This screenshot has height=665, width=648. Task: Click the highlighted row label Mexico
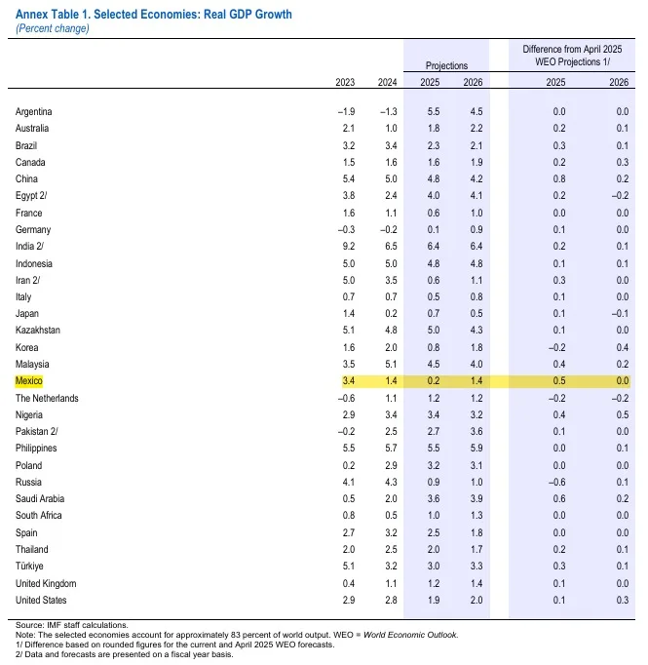[29, 381]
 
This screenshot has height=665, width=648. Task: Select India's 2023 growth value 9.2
[349, 246]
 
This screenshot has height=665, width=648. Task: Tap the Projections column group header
[446, 65]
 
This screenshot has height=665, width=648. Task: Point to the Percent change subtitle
[53, 28]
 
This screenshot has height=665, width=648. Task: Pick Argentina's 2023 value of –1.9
[346, 111]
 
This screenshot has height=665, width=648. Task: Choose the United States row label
[41, 600]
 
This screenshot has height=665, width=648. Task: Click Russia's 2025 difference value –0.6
[556, 483]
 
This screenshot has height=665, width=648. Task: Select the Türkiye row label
[29, 566]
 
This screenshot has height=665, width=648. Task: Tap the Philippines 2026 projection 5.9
[476, 448]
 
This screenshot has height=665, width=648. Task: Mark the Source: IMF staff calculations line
[72, 625]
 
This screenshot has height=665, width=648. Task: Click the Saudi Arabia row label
[40, 499]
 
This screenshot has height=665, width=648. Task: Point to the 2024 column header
[388, 82]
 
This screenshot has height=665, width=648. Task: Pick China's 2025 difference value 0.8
[559, 179]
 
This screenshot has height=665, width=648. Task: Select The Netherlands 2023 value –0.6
[346, 398]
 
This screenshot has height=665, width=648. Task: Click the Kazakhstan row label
[38, 330]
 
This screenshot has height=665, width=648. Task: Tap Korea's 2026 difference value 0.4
[622, 347]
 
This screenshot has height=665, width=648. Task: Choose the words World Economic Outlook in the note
[410, 635]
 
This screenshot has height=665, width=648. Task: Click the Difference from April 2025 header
[572, 49]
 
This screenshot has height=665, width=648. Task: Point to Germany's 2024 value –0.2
[389, 229]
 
